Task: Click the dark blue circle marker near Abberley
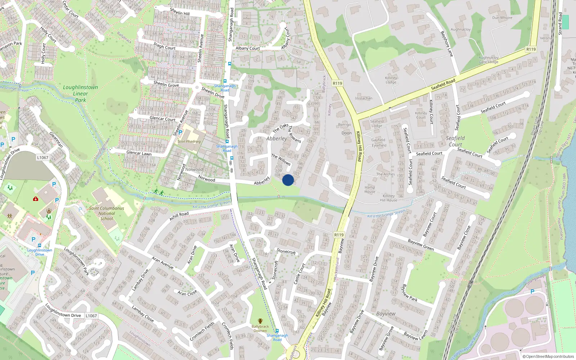point(288,180)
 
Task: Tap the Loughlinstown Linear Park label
point(80,94)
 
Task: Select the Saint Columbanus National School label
point(107,213)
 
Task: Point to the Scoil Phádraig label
point(189,141)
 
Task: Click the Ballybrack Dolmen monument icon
point(260,321)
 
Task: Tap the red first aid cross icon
point(35,199)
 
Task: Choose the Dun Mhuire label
point(502,18)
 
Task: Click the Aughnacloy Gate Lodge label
point(489,60)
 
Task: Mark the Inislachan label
point(364,98)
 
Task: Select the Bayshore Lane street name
point(447,44)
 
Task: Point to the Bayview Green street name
point(421,245)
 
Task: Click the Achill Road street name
point(179,216)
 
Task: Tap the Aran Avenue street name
point(163,263)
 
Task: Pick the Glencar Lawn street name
point(139,153)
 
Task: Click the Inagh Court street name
point(165,46)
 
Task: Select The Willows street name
point(281,159)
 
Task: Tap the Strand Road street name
point(560,24)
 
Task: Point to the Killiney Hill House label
point(389,198)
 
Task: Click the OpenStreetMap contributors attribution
point(548,356)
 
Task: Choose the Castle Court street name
point(300,274)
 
